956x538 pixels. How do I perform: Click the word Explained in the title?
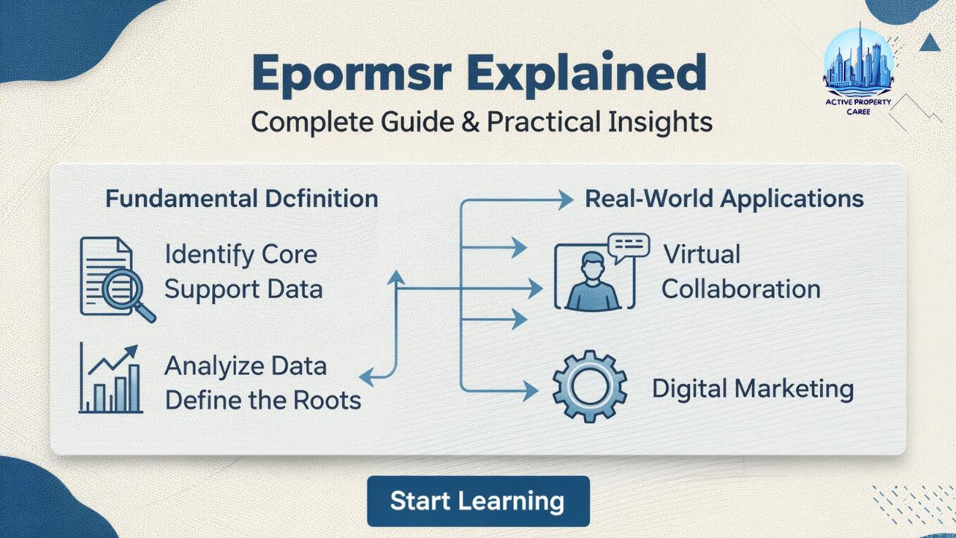(578, 74)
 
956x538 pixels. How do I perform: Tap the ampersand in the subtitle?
(469, 122)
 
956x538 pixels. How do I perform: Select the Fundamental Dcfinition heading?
(242, 199)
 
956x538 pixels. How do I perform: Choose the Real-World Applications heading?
(724, 199)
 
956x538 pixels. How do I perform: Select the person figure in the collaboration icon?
(593, 282)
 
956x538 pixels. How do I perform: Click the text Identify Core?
(240, 254)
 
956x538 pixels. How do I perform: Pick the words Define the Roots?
(263, 400)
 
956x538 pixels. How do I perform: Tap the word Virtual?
(701, 254)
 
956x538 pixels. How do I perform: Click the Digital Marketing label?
(752, 389)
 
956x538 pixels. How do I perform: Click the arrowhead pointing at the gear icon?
(530, 389)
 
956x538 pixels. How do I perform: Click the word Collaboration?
(740, 289)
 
